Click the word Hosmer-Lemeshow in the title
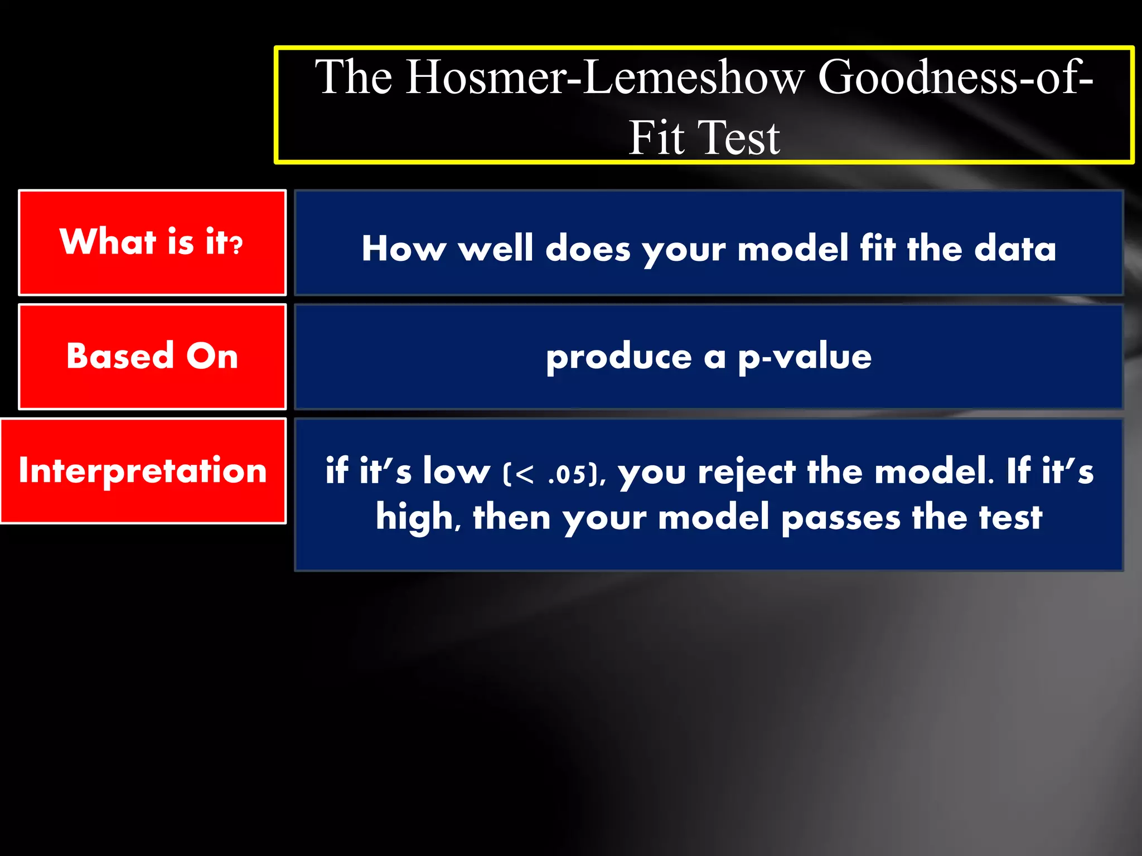pyautogui.click(x=604, y=78)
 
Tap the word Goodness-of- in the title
pyautogui.click(x=955, y=78)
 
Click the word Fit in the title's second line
pyautogui.click(x=656, y=138)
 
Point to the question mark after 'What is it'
pyautogui.click(x=238, y=244)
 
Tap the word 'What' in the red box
pyautogui.click(x=107, y=242)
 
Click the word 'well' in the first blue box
pyautogui.click(x=496, y=248)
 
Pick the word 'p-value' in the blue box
pyautogui.click(x=805, y=357)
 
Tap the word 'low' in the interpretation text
pyautogui.click(x=456, y=471)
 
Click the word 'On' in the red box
pyautogui.click(x=212, y=356)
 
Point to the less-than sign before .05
pyautogui.click(x=525, y=474)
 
